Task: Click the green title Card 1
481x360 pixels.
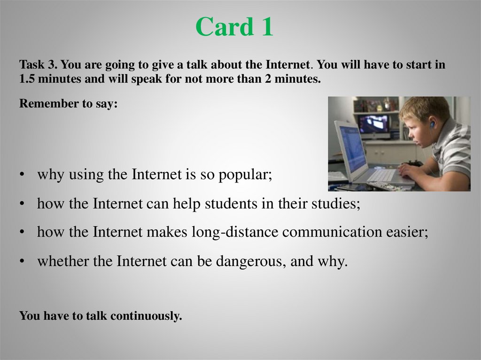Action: pyautogui.click(x=234, y=27)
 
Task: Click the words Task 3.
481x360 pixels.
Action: pyautogui.click(x=39, y=65)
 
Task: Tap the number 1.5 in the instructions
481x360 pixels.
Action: pyautogui.click(x=27, y=79)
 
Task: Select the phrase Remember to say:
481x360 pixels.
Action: pyautogui.click(x=69, y=104)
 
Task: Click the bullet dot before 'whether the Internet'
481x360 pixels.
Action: pyautogui.click(x=22, y=261)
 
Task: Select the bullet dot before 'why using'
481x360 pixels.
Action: pyautogui.click(x=22, y=175)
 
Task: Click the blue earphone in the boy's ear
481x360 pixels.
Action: pyautogui.click(x=432, y=124)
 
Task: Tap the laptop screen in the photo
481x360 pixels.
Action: pyautogui.click(x=352, y=148)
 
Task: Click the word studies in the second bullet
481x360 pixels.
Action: pyautogui.click(x=336, y=203)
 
